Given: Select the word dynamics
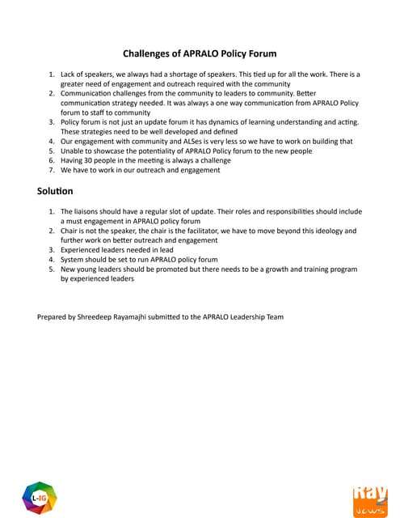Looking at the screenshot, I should (x=240, y=122).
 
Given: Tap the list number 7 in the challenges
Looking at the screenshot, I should (x=52, y=169).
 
